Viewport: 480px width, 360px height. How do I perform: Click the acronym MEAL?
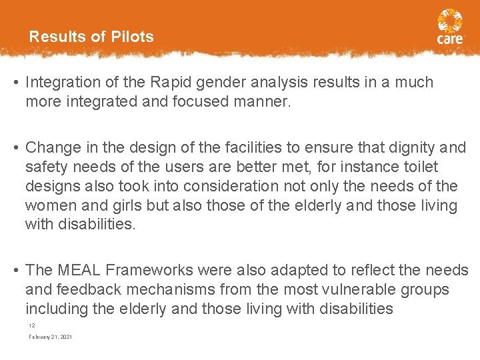point(81,270)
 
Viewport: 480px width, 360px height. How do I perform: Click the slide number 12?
point(31,325)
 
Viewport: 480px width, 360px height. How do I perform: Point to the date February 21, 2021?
point(50,337)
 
